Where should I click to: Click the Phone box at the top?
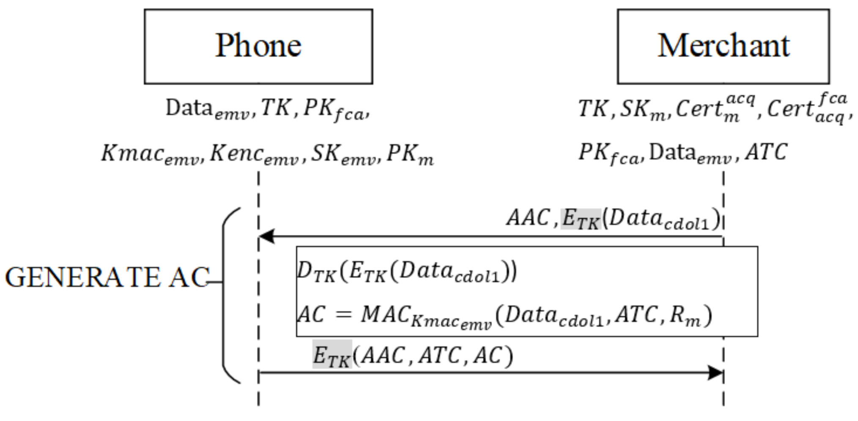(258, 46)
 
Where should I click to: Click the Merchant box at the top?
(723, 46)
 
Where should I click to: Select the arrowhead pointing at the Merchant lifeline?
(715, 372)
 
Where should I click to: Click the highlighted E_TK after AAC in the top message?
(581, 219)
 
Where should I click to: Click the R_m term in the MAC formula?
(685, 316)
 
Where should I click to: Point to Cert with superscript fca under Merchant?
(806, 109)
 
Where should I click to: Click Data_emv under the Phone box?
(207, 109)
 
